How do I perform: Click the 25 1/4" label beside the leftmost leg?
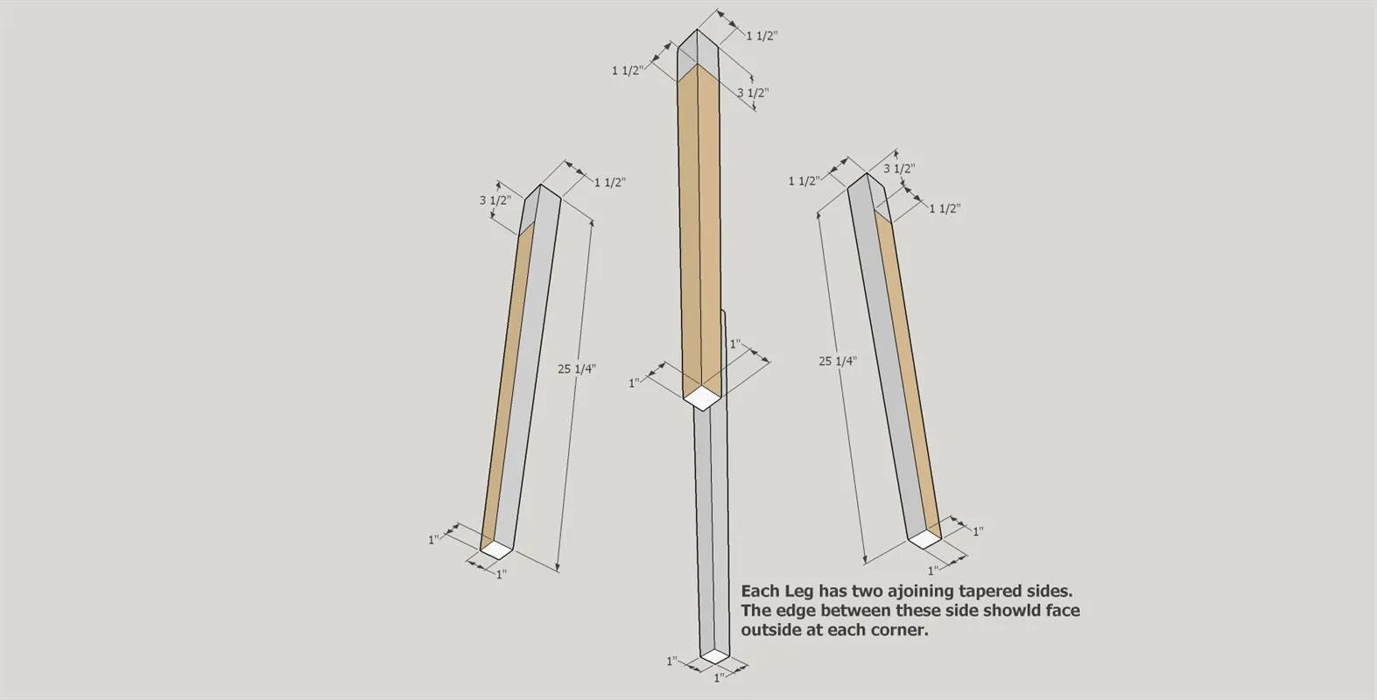tap(577, 368)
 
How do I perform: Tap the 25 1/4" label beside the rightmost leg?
tap(837, 360)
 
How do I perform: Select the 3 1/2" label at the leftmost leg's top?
tap(495, 200)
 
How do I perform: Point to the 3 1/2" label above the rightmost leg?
tap(899, 168)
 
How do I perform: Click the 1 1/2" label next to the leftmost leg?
tap(610, 183)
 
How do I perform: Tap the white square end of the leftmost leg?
tap(496, 550)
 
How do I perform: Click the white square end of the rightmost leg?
tap(925, 540)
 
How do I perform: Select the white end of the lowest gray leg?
tap(715, 655)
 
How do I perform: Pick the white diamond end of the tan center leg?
tap(701, 397)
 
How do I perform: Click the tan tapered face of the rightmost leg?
tap(907, 368)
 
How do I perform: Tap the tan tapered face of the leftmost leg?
tap(507, 387)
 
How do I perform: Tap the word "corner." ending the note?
tap(902, 631)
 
